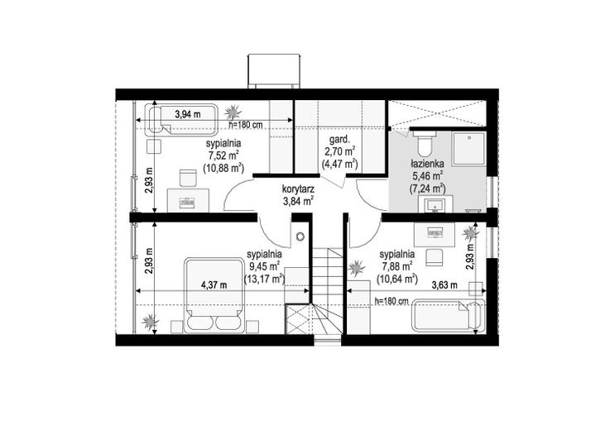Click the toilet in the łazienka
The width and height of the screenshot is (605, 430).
pos(424,143)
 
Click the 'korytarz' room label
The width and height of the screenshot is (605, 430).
pos(298,189)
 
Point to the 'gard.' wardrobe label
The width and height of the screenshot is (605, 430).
pos(339,139)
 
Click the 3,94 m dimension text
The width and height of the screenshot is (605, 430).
pos(188,114)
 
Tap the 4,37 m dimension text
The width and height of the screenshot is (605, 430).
pos(214,285)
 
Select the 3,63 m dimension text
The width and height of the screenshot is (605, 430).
pos(444,285)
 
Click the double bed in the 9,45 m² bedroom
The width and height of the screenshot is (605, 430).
pos(214,295)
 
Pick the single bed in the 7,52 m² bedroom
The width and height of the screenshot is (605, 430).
pos(181,119)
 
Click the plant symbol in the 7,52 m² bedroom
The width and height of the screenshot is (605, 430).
pos(233,112)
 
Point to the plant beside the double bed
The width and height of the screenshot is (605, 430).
pos(150,321)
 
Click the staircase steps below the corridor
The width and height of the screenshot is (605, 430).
pos(327,292)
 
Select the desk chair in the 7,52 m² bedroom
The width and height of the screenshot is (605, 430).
pos(189,178)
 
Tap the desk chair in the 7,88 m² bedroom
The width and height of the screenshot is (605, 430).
pos(434,257)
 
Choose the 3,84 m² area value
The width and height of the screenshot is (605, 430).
pos(298,201)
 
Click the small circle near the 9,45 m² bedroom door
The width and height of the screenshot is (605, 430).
pos(300,236)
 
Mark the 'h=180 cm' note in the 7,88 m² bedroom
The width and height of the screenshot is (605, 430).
pos(391,301)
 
